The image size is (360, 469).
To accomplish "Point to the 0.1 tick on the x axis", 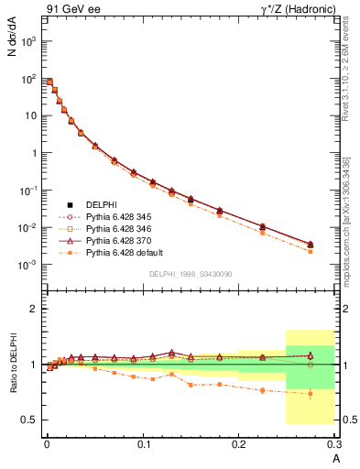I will click(143, 446).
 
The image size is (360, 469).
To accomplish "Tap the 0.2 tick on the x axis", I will click(238, 446).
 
